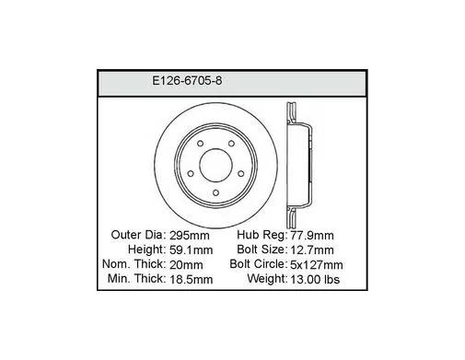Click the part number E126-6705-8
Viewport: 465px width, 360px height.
(187, 81)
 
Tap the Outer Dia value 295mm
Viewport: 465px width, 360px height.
(190, 236)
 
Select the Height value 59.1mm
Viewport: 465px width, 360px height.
(191, 250)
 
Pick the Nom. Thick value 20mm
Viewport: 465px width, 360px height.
(186, 264)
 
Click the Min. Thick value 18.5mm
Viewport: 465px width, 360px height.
(191, 279)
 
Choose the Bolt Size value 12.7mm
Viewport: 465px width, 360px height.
(312, 250)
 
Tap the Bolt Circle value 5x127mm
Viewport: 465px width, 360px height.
(317, 264)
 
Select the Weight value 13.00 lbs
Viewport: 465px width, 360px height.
(315, 279)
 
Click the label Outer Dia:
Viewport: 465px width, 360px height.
(138, 235)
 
